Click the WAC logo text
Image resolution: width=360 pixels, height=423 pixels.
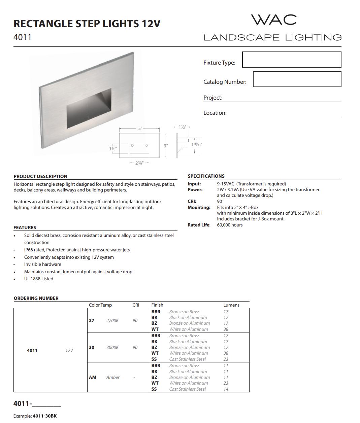pyautogui.click(x=274, y=20)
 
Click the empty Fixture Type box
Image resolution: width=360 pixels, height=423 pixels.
pyautogui.click(x=292, y=60)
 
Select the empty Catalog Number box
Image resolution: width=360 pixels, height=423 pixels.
pyautogui.click(x=297, y=79)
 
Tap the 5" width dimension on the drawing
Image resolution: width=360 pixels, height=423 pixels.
pyautogui.click(x=140, y=129)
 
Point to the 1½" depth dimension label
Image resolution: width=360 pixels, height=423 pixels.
pyautogui.click(x=182, y=127)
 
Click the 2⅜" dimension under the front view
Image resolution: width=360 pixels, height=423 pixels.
pyautogui.click(x=139, y=163)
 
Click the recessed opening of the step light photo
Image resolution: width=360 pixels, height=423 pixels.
pyautogui.click(x=89, y=108)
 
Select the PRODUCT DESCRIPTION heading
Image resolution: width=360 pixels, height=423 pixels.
pyautogui.click(x=40, y=176)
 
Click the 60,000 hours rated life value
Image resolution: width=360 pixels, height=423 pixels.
pyautogui.click(x=230, y=225)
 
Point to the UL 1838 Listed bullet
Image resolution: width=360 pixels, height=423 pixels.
pyautogui.click(x=39, y=279)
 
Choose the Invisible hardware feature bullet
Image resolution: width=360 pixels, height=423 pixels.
pyautogui.click(x=43, y=264)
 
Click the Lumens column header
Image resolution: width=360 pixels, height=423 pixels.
pyautogui.click(x=231, y=305)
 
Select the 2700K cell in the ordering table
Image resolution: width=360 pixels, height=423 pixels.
pyautogui.click(x=112, y=320)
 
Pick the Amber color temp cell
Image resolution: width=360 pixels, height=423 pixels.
pyautogui.click(x=113, y=377)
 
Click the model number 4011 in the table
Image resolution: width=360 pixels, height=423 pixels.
pyautogui.click(x=32, y=350)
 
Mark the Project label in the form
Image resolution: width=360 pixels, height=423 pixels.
pyautogui.click(x=213, y=98)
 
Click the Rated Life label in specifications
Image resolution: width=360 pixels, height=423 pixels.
pyautogui.click(x=199, y=225)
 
